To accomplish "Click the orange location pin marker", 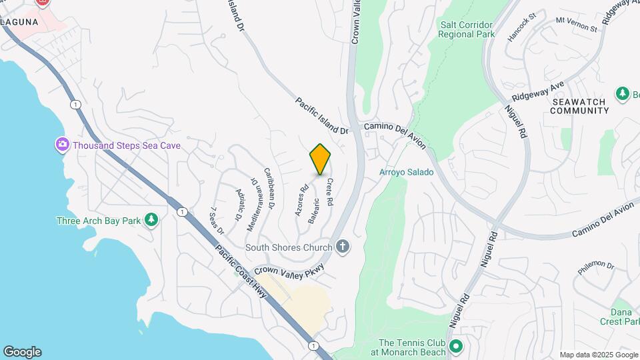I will (x=320, y=159).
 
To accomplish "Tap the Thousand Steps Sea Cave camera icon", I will (x=62, y=145).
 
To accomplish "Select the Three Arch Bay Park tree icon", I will (x=152, y=221).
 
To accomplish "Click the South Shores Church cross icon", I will (x=343, y=247).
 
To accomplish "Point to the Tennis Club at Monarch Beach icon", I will (x=456, y=347).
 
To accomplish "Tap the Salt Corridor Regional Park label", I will (x=467, y=29).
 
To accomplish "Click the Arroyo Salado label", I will (x=407, y=172).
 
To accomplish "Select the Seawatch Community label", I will (x=578, y=106).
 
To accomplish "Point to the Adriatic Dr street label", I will (x=239, y=205).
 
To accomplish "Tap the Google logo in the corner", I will (x=22, y=352).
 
